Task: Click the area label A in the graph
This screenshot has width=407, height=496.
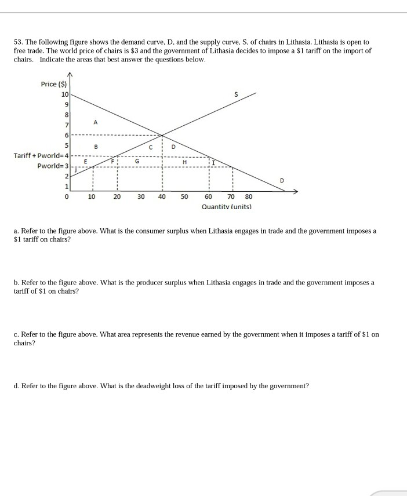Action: tap(95, 122)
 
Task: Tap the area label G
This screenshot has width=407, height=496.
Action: tap(137, 162)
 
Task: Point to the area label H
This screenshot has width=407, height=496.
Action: tap(184, 162)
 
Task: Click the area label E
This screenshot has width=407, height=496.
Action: tap(85, 162)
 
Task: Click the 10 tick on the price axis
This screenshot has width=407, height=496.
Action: tap(64, 94)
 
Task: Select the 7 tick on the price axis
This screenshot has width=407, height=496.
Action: tap(67, 126)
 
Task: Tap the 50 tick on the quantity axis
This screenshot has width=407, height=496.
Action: tap(184, 196)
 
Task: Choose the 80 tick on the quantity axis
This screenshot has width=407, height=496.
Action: tap(249, 196)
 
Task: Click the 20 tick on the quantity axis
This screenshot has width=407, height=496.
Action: tap(117, 196)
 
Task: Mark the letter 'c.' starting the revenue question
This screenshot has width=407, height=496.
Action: tap(16, 335)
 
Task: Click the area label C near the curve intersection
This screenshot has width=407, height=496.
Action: tap(150, 147)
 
